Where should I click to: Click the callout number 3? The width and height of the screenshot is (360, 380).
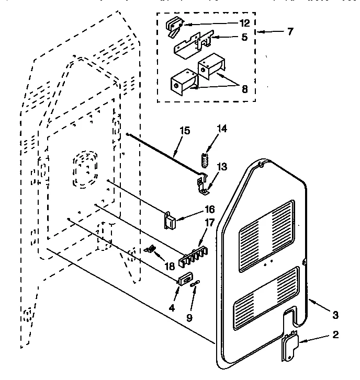335,314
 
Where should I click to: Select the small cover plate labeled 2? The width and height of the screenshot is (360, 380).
289,346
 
